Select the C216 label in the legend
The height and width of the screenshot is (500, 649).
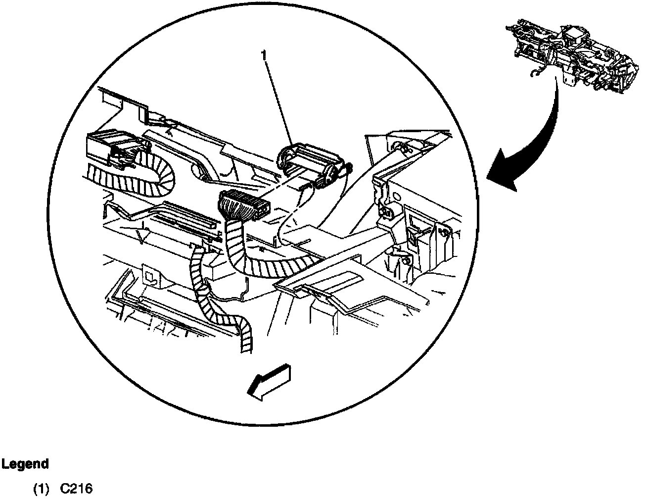76,489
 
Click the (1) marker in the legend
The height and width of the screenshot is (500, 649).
42,489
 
